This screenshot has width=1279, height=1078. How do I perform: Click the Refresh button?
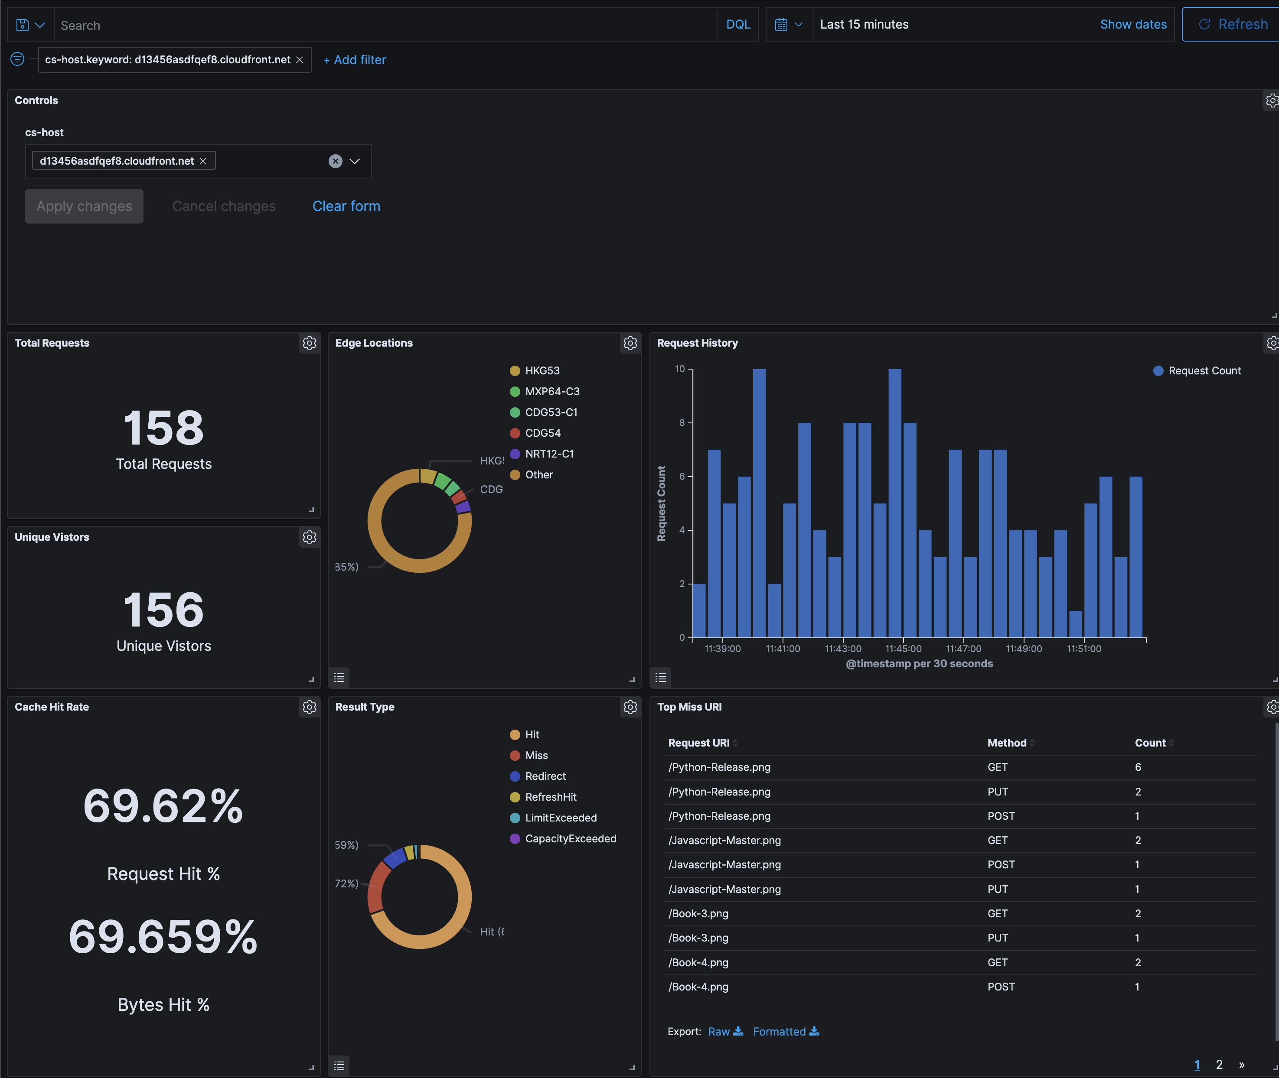(1233, 24)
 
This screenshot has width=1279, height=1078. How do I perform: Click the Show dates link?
(1133, 24)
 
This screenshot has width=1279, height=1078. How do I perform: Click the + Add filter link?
(355, 60)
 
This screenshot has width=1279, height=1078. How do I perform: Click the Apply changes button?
(85, 206)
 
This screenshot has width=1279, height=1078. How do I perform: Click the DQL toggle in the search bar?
(738, 24)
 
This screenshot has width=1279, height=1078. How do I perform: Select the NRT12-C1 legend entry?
(548, 454)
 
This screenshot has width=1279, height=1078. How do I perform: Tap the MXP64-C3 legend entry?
(551, 392)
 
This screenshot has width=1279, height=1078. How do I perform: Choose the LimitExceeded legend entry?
(560, 818)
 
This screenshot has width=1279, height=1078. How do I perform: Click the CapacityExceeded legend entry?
(570, 838)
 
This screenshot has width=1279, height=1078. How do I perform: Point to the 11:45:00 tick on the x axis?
(903, 648)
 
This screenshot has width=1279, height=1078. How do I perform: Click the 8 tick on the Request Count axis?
(682, 423)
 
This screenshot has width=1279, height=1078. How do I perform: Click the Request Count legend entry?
(1203, 371)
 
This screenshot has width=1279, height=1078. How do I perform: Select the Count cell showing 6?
(1138, 767)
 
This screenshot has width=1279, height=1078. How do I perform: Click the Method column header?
(1007, 743)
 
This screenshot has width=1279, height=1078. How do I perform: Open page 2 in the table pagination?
(1219, 1065)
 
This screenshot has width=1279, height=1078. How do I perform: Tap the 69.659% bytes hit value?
(163, 937)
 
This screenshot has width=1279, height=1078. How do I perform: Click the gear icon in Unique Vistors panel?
(310, 537)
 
